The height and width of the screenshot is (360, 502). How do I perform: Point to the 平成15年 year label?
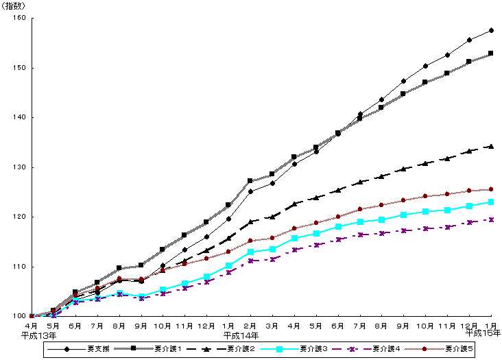tap(483, 333)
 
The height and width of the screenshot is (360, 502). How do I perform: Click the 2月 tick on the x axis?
tap(250, 326)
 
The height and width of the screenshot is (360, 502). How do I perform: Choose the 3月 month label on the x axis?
tap(272, 326)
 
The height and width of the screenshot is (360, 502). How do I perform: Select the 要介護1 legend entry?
tap(165, 350)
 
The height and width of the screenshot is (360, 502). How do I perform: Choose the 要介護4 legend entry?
tap(386, 350)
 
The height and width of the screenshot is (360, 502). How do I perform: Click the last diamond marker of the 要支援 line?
tap(491, 30)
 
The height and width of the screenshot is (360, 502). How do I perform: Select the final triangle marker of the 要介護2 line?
tap(491, 146)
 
